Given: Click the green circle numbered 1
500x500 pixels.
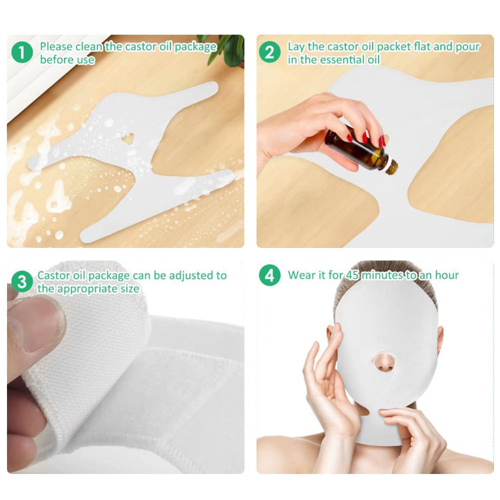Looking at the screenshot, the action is [x=22, y=52].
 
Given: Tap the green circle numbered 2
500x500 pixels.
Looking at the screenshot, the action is [x=270, y=52].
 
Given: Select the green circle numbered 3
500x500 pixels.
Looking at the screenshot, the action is [x=22, y=281].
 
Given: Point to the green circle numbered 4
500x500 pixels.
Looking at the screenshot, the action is [x=270, y=275].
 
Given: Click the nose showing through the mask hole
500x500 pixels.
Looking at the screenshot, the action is [x=384, y=363].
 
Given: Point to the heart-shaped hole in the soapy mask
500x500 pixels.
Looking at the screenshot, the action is [x=128, y=138].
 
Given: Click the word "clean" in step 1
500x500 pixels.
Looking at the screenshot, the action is [x=89, y=47].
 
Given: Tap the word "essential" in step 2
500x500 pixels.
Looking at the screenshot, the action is [x=342, y=59].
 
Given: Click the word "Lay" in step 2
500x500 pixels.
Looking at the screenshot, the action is [x=296, y=47].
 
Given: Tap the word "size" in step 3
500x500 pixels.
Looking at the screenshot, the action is [x=130, y=289].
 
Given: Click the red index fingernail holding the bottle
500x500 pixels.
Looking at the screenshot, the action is [x=365, y=137].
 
